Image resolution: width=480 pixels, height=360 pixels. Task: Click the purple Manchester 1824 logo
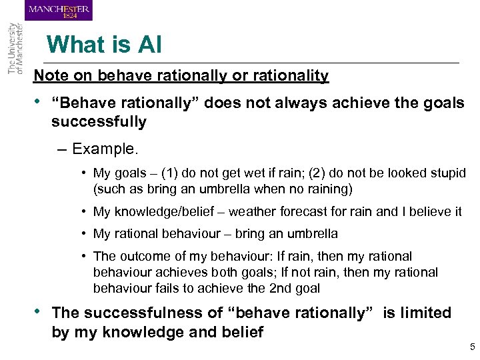click(x=59, y=10)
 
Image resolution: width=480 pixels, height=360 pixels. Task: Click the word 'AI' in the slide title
click(x=149, y=45)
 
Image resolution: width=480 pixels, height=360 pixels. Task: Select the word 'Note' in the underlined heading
click(x=51, y=75)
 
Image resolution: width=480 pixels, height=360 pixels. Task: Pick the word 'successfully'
click(x=99, y=121)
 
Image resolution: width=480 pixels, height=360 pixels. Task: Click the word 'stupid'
click(x=447, y=173)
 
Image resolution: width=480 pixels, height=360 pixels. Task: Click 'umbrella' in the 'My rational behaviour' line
click(x=313, y=234)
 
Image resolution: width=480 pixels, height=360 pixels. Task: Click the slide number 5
click(x=472, y=347)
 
